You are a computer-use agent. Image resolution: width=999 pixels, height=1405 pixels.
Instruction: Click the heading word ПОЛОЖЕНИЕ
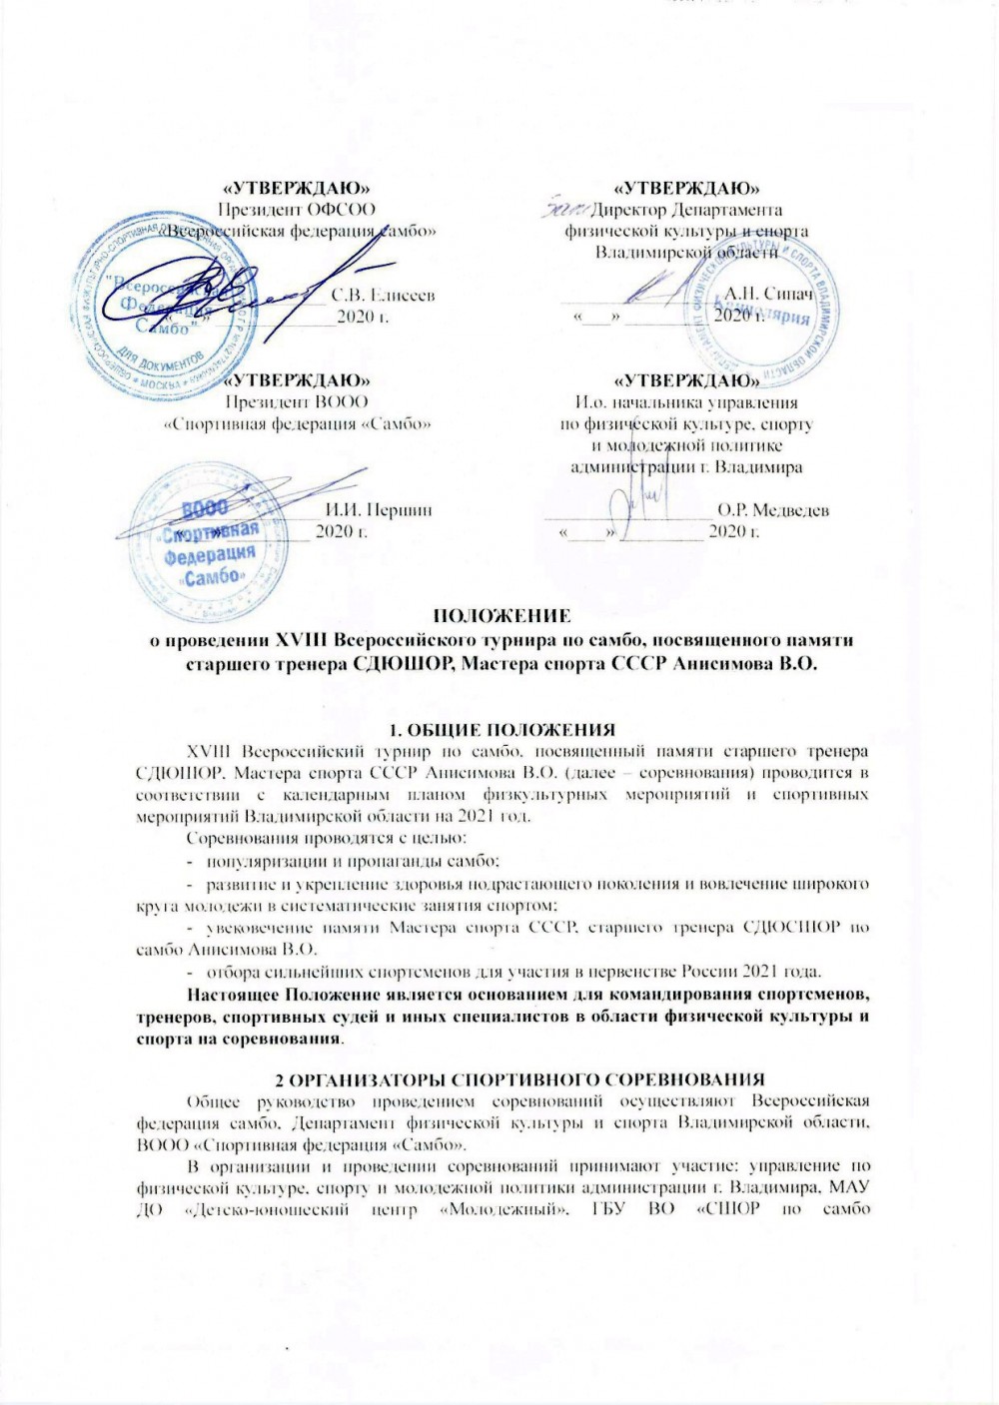pyautogui.click(x=500, y=615)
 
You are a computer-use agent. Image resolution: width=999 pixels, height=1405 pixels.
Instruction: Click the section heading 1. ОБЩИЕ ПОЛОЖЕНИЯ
pyautogui.click(x=500, y=729)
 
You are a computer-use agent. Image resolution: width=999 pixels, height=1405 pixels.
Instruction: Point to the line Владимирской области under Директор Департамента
pyautogui.click(x=685, y=253)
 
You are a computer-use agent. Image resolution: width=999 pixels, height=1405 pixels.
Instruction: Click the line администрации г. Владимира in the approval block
pyautogui.click(x=685, y=466)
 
